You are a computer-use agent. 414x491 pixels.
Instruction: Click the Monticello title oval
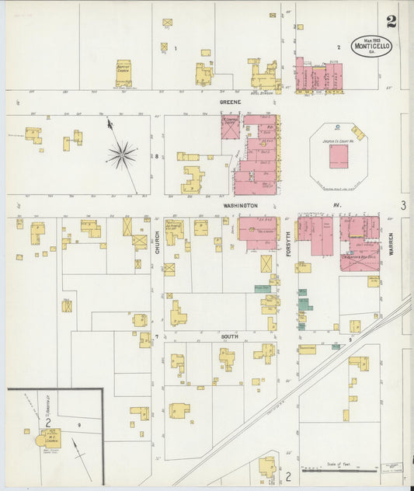[371, 46]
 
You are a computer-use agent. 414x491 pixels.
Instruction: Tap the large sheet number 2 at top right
[391, 21]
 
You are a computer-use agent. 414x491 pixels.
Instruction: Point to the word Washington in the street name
[239, 205]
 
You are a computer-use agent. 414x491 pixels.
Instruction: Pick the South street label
[229, 337]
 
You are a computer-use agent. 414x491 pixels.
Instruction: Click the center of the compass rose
[121, 155]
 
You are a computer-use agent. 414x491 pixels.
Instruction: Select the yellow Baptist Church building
[124, 73]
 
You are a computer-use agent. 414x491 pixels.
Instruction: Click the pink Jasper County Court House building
[339, 156]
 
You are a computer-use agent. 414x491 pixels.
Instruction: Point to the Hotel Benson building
[265, 78]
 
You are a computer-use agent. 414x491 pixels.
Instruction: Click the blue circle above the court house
[339, 126]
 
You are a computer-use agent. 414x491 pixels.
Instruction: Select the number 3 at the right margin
[403, 205]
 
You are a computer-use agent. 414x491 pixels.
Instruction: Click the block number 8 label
[156, 156]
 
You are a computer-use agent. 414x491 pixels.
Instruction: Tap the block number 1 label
[176, 49]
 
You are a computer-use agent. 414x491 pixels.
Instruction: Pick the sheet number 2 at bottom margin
[287, 475]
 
